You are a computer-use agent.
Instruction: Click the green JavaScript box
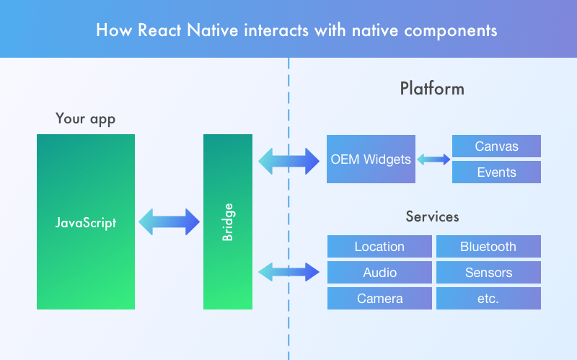click(86, 221)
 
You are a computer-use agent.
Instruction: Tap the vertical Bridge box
click(228, 221)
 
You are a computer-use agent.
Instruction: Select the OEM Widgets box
click(371, 159)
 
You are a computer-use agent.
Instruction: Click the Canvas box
click(496, 146)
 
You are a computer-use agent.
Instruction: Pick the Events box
click(496, 172)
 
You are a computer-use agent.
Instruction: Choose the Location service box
click(379, 247)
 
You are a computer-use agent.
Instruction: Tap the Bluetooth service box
click(488, 247)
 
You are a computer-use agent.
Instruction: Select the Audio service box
click(379, 273)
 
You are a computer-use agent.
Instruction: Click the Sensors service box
click(488, 273)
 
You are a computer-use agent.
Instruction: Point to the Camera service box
click(379, 299)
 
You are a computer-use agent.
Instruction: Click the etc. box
click(488, 299)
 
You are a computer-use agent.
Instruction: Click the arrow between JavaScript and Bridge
click(169, 222)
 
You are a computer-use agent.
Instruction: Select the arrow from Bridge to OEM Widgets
click(288, 160)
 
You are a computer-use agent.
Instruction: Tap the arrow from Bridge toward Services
click(288, 272)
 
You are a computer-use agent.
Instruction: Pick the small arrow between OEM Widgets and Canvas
click(433, 159)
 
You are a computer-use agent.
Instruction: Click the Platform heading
click(432, 89)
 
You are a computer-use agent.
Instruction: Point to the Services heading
click(432, 216)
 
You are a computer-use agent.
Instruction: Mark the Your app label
click(85, 118)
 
